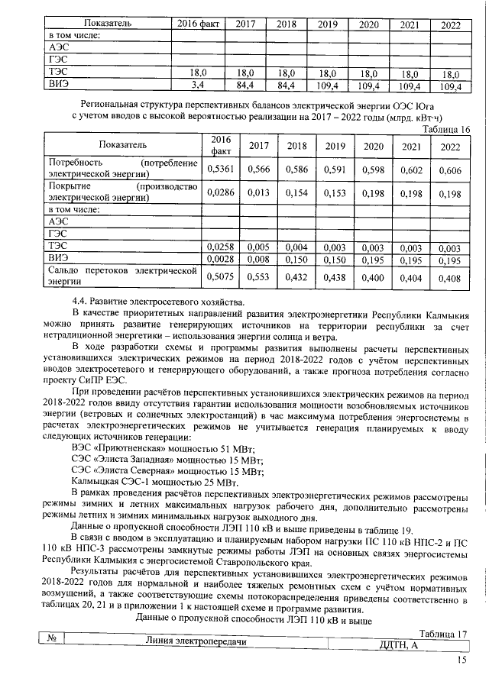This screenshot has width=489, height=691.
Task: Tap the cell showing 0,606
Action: [450, 170]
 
